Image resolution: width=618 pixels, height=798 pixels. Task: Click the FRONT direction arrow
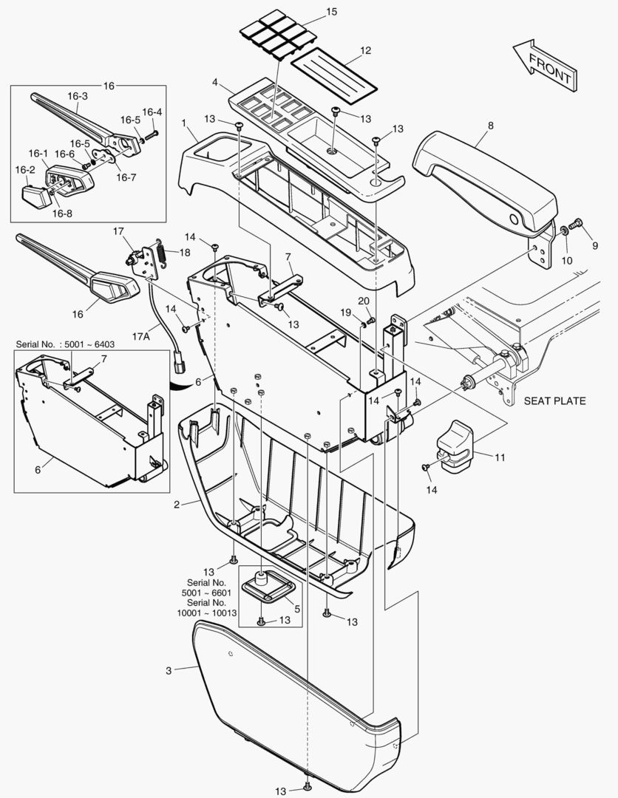pyautogui.click(x=543, y=66)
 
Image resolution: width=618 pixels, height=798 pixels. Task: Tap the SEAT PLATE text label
pyautogui.click(x=554, y=401)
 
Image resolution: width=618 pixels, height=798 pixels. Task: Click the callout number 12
pyautogui.click(x=365, y=50)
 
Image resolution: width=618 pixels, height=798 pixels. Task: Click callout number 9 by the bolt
pyautogui.click(x=594, y=245)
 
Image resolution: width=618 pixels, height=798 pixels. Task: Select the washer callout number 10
pyautogui.click(x=568, y=261)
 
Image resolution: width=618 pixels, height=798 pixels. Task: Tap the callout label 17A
pyautogui.click(x=142, y=337)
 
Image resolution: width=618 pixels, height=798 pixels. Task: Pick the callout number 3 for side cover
pyautogui.click(x=168, y=670)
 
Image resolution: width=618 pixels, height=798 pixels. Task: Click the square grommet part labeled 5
pyautogui.click(x=268, y=587)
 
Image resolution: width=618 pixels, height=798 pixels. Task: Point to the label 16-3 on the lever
pyautogui.click(x=78, y=96)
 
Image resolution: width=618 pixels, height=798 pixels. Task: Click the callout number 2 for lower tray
pyautogui.click(x=177, y=504)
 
